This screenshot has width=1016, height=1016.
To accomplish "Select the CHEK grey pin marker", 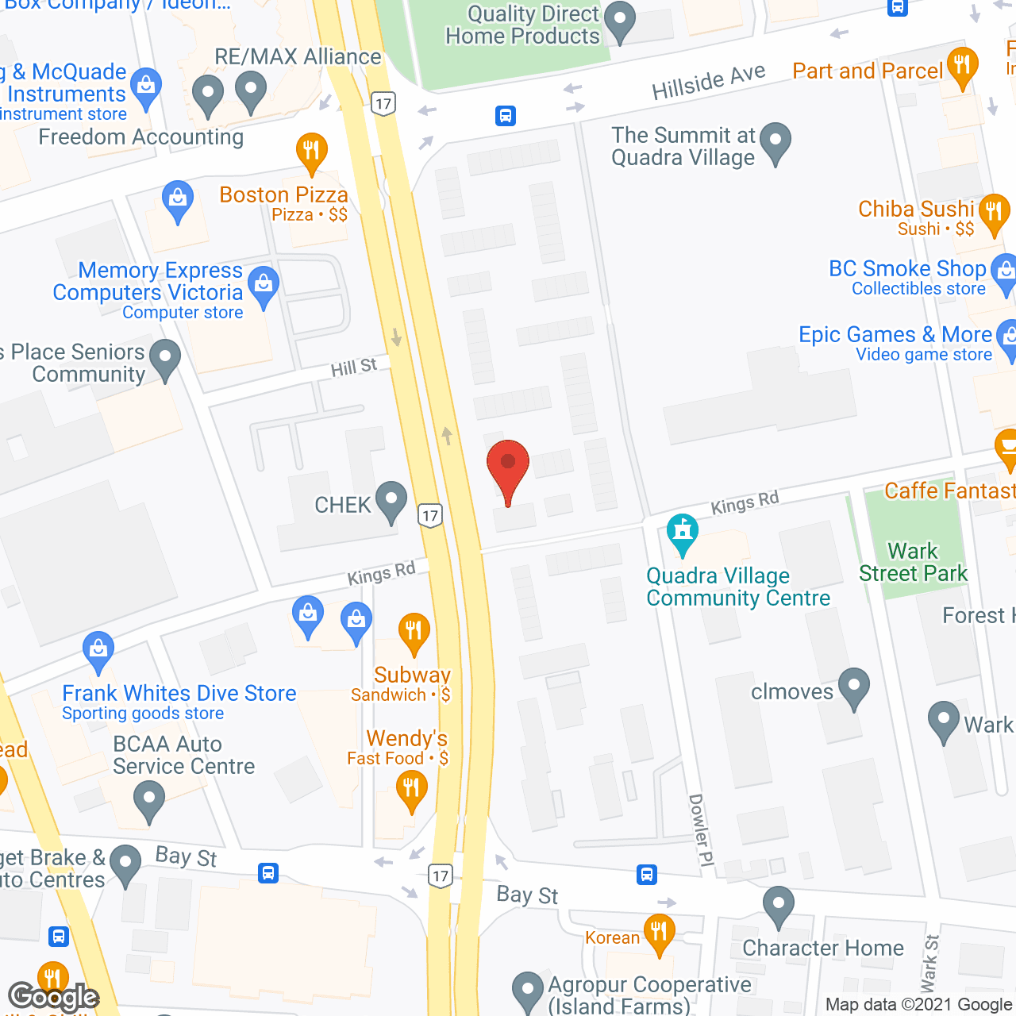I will pos(391,501).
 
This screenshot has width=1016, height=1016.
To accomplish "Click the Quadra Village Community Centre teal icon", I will pos(682,533).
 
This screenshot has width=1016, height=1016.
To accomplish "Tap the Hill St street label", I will pos(354,368).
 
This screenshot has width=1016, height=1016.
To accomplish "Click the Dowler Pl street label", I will pos(698,829).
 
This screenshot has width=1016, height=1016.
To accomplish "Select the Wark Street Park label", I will pos(913,562).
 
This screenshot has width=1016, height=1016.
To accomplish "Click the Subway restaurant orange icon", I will pos(414,633).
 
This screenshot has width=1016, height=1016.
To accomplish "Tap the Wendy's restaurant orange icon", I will pos(411,791).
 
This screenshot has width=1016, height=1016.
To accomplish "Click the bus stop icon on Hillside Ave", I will pos(506,116).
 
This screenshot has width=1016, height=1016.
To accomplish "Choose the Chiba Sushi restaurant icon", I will pos(993,213).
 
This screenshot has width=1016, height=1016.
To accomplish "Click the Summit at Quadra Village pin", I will pos(775,142).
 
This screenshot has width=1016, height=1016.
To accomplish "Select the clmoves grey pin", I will pos(854,687).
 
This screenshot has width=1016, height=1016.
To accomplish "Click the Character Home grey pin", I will pos(778,905).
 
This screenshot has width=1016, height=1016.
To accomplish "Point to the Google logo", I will pos(54,997).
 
